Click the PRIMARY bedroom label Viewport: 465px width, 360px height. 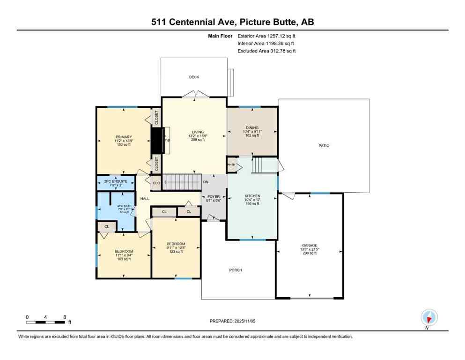coord(124,137)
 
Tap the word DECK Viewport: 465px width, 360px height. coord(194,77)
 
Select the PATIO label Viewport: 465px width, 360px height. coord(324,146)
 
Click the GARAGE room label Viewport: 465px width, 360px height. coord(310,245)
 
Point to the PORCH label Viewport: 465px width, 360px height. coord(236,270)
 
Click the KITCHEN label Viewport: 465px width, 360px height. coord(252,196)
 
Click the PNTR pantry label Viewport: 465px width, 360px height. coord(231,165)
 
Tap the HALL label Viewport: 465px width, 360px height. coord(145,199)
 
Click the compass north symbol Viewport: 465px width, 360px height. coord(429,318)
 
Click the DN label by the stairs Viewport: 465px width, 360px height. coord(206,182)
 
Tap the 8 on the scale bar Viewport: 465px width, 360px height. coord(64,317)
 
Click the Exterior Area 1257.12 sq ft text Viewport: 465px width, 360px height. coord(266,36)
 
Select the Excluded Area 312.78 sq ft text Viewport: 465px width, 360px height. coord(266,51)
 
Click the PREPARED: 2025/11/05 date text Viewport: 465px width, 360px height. coord(232,321)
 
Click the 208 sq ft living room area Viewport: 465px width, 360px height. coord(194,140)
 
